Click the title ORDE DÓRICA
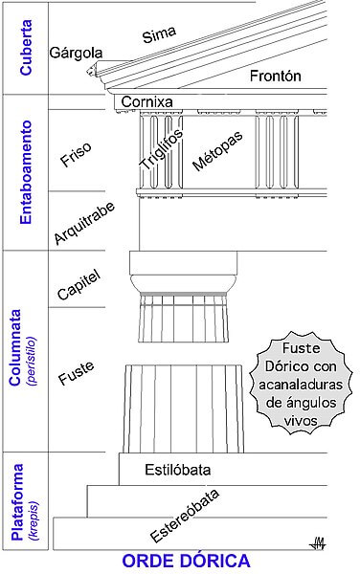click(179, 561)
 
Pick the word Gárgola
click(77, 54)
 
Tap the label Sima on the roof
click(159, 36)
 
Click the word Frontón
click(276, 76)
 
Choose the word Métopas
click(217, 149)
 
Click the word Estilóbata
click(177, 470)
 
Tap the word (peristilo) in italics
click(33, 359)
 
